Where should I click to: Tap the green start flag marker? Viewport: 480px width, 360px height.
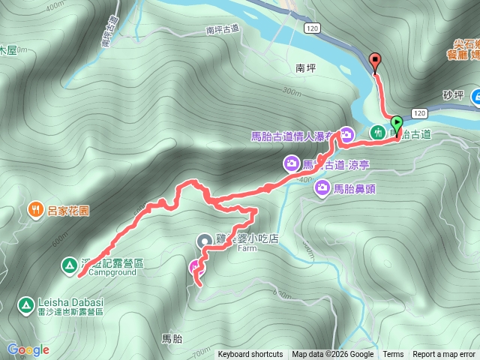pyautogui.click(x=397, y=123)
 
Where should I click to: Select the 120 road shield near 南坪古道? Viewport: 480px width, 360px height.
pyautogui.click(x=313, y=28)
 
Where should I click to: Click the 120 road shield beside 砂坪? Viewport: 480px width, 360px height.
pyautogui.click(x=419, y=113)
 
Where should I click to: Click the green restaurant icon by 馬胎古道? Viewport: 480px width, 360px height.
pyautogui.click(x=379, y=132)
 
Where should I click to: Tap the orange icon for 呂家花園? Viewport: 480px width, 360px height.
pyautogui.click(x=34, y=209)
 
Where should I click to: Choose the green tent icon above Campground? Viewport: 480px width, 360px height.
pyautogui.click(x=68, y=264)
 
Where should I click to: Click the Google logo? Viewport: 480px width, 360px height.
pyautogui.click(x=28, y=349)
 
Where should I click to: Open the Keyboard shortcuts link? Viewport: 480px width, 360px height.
pyautogui.click(x=250, y=355)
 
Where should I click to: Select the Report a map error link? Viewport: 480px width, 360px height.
pyautogui.click(x=443, y=355)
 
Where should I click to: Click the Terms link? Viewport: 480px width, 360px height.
pyautogui.click(x=393, y=355)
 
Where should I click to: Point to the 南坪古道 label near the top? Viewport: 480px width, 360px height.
pyautogui.click(x=221, y=29)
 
